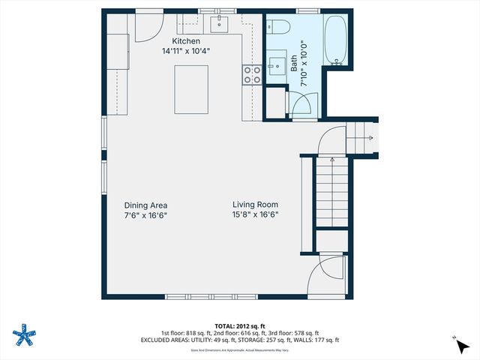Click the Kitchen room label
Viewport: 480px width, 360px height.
[186, 41]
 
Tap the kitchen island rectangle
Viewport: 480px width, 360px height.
[191, 89]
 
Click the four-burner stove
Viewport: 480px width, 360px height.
[251, 73]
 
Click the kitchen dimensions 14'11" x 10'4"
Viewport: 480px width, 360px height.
[186, 52]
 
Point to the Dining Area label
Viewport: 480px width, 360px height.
[145, 205]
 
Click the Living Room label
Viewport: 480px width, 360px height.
[255, 204]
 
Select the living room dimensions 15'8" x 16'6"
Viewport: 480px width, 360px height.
[255, 214]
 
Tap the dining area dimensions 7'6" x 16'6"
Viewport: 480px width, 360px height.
[145, 214]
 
